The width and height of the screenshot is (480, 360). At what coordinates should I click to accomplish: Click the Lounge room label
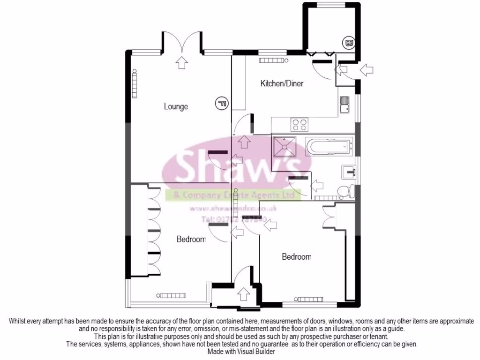tap(176, 106)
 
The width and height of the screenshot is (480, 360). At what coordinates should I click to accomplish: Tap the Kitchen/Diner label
tap(282, 83)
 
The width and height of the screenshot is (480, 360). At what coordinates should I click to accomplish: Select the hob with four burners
tap(300, 125)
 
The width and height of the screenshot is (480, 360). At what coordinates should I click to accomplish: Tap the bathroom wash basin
tap(350, 172)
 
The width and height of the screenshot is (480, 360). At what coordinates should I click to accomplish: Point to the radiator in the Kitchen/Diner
tap(271, 60)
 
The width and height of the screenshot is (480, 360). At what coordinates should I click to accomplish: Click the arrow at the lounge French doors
tap(181, 62)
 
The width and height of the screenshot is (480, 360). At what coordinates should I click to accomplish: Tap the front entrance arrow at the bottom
tap(243, 294)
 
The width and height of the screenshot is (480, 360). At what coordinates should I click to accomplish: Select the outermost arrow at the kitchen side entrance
tap(367, 70)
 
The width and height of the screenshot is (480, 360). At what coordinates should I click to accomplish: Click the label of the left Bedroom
tap(191, 240)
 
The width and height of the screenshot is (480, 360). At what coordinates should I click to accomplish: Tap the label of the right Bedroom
tap(296, 256)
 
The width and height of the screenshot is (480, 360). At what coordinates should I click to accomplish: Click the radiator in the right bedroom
tap(309, 299)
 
